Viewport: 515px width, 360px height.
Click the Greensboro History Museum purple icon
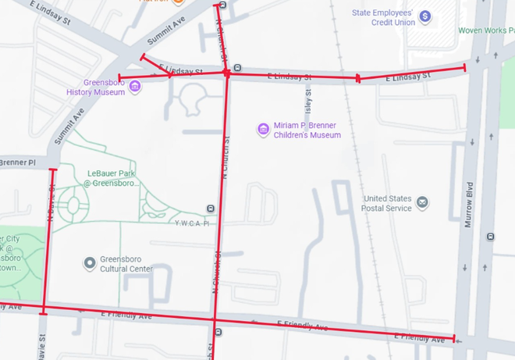click(135, 86)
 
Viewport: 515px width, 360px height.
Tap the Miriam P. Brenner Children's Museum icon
click(264, 129)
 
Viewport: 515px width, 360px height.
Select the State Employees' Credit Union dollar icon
click(424, 16)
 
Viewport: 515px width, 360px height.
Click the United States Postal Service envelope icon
click(422, 203)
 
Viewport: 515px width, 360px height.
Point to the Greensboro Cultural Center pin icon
click(90, 263)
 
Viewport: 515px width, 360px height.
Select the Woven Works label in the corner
click(485, 30)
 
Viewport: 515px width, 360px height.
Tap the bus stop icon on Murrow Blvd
click(490, 237)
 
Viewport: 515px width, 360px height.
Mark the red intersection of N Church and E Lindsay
click(227, 73)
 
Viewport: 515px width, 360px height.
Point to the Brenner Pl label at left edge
click(17, 162)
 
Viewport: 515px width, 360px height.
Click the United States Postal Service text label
click(387, 203)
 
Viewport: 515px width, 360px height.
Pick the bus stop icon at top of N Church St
click(222, 5)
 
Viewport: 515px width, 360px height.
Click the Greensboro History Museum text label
click(94, 87)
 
